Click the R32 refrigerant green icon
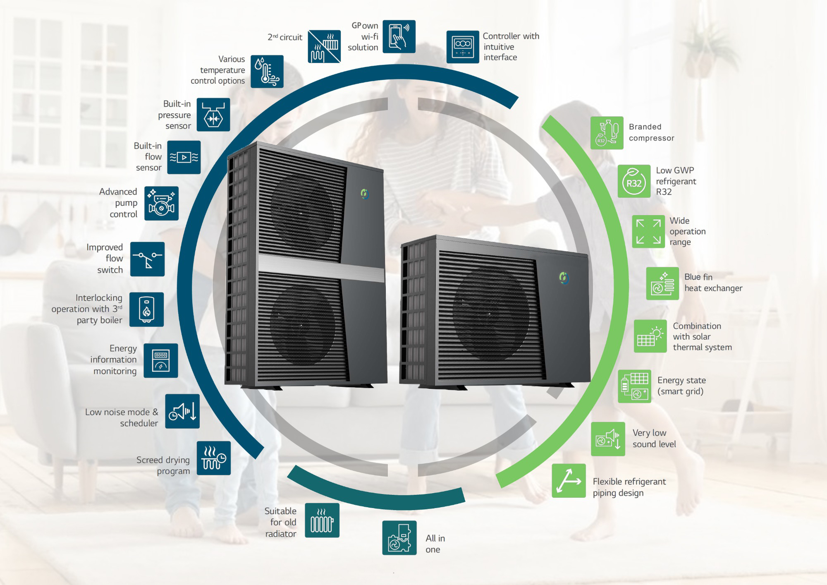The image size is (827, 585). pyautogui.click(x=634, y=181)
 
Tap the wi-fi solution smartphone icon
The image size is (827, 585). pyautogui.click(x=399, y=36)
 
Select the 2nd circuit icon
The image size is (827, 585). pyautogui.click(x=324, y=46)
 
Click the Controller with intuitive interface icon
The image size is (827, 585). pyautogui.click(x=463, y=47)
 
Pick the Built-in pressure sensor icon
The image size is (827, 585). pyautogui.click(x=213, y=115)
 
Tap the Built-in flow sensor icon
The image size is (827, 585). pyautogui.click(x=184, y=157)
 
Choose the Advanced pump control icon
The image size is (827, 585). pyautogui.click(x=161, y=203)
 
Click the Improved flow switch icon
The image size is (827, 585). pyautogui.click(x=148, y=259)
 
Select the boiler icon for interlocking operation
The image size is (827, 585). pyautogui.click(x=147, y=309)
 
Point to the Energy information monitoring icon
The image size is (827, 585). pyautogui.click(x=161, y=360)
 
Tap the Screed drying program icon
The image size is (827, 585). pyautogui.click(x=214, y=458)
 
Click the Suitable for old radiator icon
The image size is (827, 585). pyautogui.click(x=322, y=520)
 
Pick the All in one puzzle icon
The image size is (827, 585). pyautogui.click(x=399, y=538)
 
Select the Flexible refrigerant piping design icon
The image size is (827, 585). pyautogui.click(x=569, y=481)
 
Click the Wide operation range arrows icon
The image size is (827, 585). pyautogui.click(x=648, y=232)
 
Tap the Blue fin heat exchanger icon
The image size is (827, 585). pyautogui.click(x=663, y=283)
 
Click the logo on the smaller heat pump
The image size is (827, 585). pyautogui.click(x=564, y=278)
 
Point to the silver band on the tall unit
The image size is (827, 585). pyautogui.click(x=321, y=268)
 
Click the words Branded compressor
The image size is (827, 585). pyautogui.click(x=652, y=132)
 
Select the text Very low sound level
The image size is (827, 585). pyautogui.click(x=654, y=439)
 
